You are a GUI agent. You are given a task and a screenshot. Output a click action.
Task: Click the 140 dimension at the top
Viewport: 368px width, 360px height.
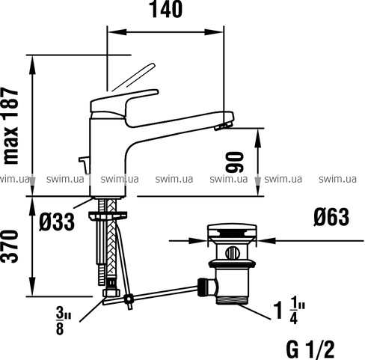pos(165,10)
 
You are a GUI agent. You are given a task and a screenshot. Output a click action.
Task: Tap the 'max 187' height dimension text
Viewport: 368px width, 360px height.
pos(11,126)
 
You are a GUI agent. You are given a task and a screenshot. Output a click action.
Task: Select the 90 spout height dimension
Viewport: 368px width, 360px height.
pos(234,162)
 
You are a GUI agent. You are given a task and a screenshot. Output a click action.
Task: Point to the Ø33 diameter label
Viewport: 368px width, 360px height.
pos(57,222)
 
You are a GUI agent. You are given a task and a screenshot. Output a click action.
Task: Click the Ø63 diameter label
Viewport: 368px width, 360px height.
pos(331,217)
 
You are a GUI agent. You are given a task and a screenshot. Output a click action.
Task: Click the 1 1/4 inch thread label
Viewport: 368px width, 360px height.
pos(289,313)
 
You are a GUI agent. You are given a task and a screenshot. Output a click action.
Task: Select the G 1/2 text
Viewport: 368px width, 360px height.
pos(310,350)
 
